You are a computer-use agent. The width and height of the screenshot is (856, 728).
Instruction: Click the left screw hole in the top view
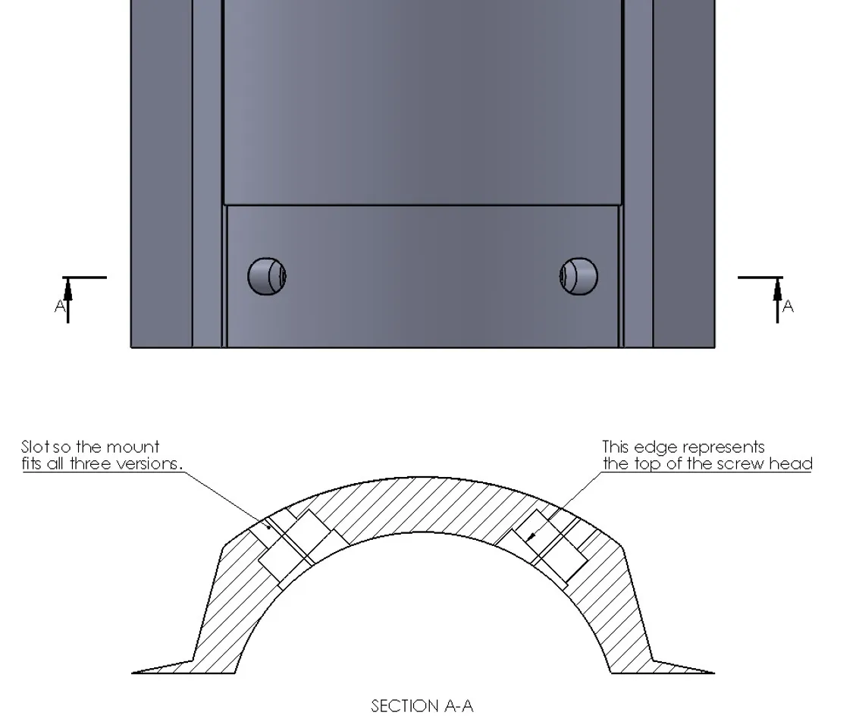pyautogui.click(x=267, y=276)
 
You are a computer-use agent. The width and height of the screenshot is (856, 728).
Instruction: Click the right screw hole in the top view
pyautogui.click(x=579, y=276)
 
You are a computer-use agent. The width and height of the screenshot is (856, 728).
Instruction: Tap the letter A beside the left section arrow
pyautogui.click(x=60, y=306)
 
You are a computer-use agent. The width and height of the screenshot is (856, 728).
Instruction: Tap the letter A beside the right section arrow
pyautogui.click(x=789, y=306)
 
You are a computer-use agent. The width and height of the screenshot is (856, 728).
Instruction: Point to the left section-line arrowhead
pyautogui.click(x=68, y=290)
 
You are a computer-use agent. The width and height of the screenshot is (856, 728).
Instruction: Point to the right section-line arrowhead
pyautogui.click(x=777, y=290)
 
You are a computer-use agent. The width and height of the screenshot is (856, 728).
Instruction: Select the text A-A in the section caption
pyautogui.click(x=458, y=707)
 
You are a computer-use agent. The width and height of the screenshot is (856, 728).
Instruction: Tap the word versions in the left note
pyautogui.click(x=148, y=463)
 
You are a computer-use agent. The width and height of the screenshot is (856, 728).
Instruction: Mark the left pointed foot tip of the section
pyautogui.click(x=134, y=672)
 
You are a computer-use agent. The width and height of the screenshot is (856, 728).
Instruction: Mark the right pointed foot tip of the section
pyautogui.click(x=712, y=672)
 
